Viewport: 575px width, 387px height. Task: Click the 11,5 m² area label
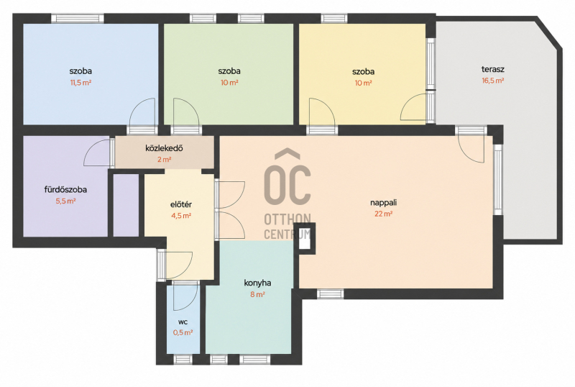tap(80, 83)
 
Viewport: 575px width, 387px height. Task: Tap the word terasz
tap(493, 69)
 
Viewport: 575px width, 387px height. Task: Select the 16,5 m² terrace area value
tap(493, 81)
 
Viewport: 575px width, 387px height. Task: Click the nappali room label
tap(384, 203)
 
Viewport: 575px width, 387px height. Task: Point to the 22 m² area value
tap(384, 214)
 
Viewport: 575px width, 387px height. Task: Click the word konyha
tap(257, 283)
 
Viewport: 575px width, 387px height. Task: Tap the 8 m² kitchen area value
tap(257, 294)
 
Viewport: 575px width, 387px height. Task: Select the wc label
tap(183, 322)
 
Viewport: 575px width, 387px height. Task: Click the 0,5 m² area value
tap(183, 332)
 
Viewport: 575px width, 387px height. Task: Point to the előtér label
tap(181, 204)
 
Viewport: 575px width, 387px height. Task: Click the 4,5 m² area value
tap(181, 216)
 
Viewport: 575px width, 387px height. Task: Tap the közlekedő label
tap(164, 148)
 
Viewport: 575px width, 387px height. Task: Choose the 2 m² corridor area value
tap(164, 160)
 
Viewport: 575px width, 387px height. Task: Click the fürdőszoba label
tap(65, 189)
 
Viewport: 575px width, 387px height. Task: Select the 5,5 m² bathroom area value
tap(65, 201)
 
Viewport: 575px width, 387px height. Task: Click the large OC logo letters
tap(287, 183)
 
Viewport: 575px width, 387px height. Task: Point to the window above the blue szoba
tap(78, 19)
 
